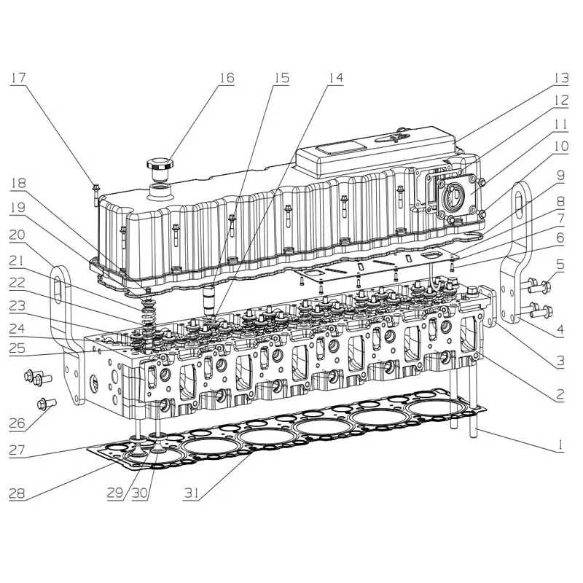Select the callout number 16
click(227, 78)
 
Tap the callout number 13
click(561, 78)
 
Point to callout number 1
click(560, 445)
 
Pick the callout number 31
click(191, 493)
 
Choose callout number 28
click(17, 493)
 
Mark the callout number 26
click(17, 423)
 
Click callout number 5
click(560, 265)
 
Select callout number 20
click(17, 234)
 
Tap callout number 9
click(560, 175)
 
